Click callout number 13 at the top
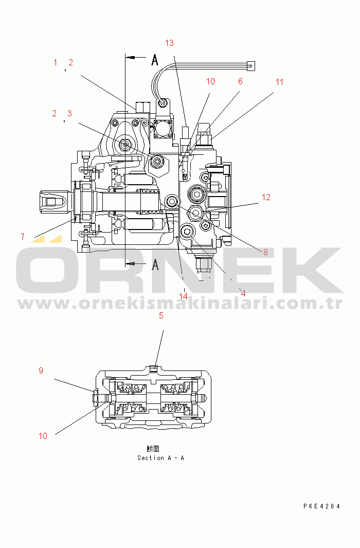pyautogui.click(x=169, y=43)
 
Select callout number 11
pyautogui.click(x=279, y=82)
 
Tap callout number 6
pyautogui.click(x=240, y=81)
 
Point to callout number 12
pyautogui.click(x=266, y=197)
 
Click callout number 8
pyautogui.click(x=265, y=252)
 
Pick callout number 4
pyautogui.click(x=243, y=293)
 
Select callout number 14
pyautogui.click(x=184, y=296)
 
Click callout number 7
pyautogui.click(x=23, y=237)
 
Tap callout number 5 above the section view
pyautogui.click(x=161, y=315)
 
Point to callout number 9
pyautogui.click(x=41, y=370)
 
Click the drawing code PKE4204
pyautogui.click(x=321, y=506)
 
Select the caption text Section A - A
pyautogui.click(x=160, y=457)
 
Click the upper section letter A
pyautogui.click(x=155, y=60)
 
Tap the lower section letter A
pyautogui.click(x=155, y=264)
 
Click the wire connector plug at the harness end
pyautogui.click(x=251, y=65)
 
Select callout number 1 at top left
pyautogui.click(x=56, y=63)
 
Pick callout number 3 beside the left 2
pyautogui.click(x=69, y=114)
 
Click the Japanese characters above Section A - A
pyautogui.click(x=153, y=449)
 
